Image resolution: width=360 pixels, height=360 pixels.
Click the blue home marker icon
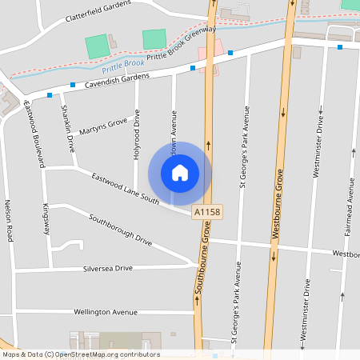180,172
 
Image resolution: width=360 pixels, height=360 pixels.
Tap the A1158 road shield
207,213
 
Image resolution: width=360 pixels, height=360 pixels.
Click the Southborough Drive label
120,229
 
